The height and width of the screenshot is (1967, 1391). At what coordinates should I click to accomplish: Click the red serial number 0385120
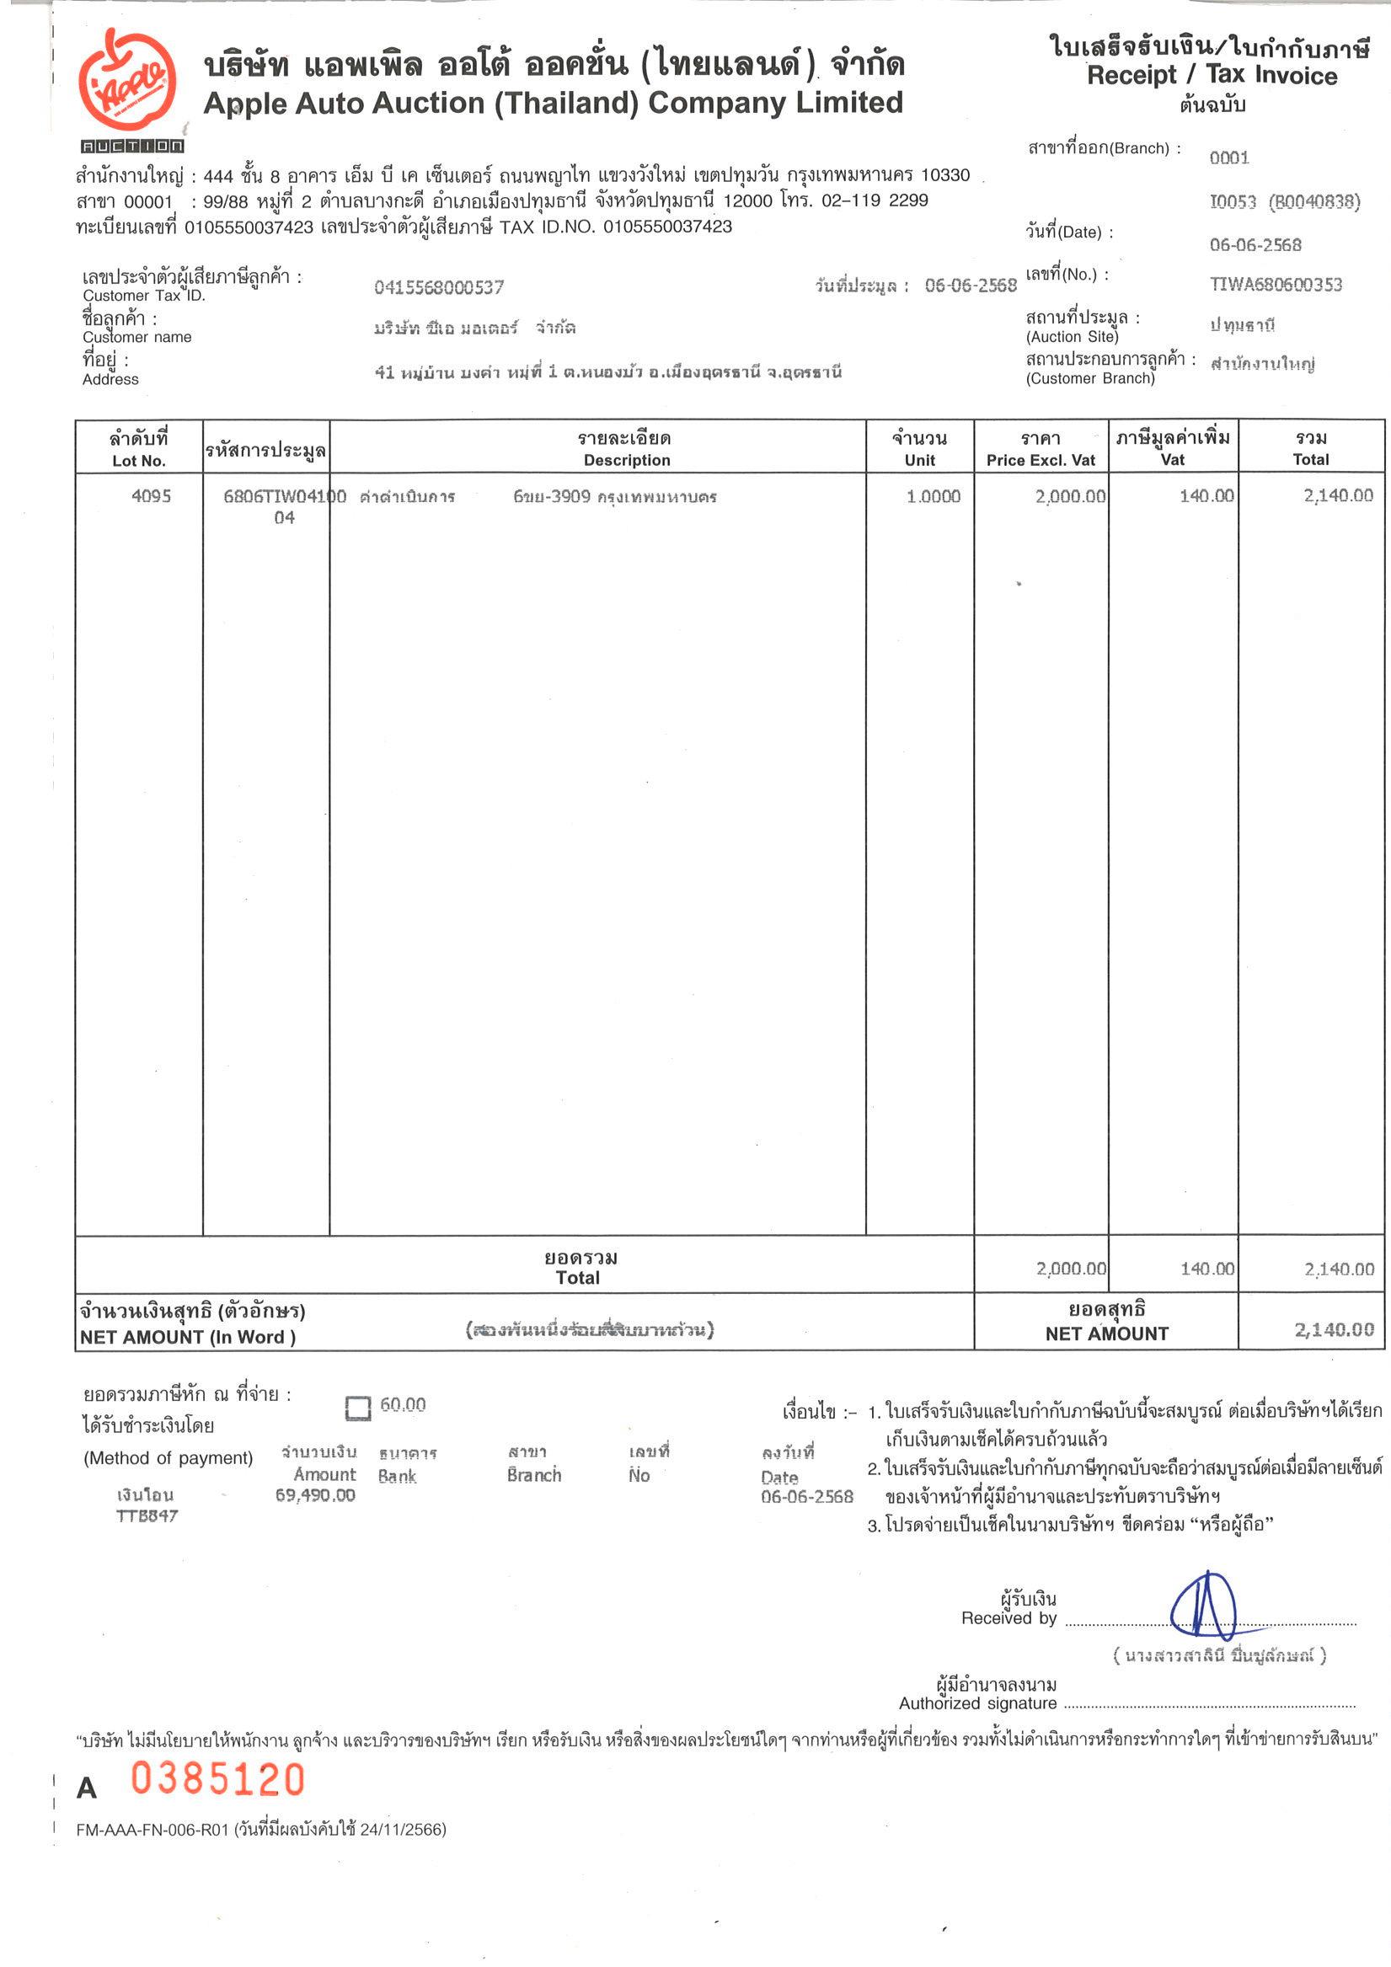click(217, 1779)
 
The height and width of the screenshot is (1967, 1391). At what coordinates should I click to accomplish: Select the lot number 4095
click(151, 496)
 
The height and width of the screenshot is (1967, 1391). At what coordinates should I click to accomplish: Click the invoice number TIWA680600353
click(1276, 285)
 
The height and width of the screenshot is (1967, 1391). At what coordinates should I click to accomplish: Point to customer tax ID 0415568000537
click(439, 287)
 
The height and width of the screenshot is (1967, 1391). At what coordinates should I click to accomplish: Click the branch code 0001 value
click(1229, 158)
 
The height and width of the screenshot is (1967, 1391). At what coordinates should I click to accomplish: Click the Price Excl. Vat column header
click(1041, 449)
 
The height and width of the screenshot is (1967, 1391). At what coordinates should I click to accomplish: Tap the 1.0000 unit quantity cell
click(934, 496)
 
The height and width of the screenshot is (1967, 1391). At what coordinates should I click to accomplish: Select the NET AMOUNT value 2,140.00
click(1334, 1329)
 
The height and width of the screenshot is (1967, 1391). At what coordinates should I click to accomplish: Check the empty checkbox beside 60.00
click(357, 1408)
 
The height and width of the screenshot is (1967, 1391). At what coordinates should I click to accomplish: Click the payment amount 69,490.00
click(314, 1495)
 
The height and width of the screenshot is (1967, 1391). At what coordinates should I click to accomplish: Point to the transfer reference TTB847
click(147, 1515)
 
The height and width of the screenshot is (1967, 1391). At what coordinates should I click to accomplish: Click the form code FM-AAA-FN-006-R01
click(152, 1830)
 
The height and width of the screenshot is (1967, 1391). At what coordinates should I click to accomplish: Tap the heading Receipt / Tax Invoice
click(1211, 75)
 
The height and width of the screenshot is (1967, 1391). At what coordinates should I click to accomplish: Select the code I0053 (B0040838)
click(1284, 202)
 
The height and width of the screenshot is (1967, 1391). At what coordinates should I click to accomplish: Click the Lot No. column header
click(139, 449)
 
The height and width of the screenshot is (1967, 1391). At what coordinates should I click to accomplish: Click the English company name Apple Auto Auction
click(553, 103)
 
